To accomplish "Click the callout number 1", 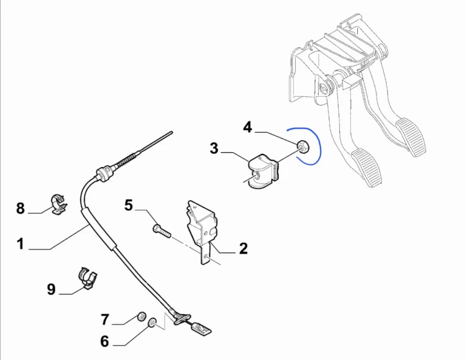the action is click(21, 244).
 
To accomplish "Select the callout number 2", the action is click(243, 248).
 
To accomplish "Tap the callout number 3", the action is click(214, 148).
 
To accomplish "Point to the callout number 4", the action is click(247, 127).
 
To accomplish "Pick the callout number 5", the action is click(129, 205).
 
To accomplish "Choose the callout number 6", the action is click(104, 341).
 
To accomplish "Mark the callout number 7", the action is click(105, 320).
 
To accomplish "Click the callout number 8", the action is click(21, 208).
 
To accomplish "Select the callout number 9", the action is click(51, 289).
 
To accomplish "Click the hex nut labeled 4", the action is click(303, 146).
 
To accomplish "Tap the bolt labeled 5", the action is click(162, 231).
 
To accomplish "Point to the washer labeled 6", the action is click(152, 323).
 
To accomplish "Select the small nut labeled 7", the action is click(142, 317).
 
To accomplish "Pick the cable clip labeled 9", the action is click(88, 278).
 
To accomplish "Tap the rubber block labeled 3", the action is click(263, 171).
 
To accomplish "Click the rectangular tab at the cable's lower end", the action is click(202, 329).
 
